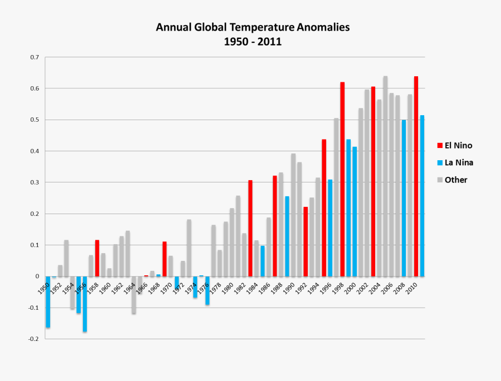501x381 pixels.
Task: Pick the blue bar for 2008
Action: pos(404,198)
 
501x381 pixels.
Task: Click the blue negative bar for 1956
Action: pos(85,304)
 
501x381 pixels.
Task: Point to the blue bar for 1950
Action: pos(48,301)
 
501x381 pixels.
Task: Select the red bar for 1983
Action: pos(250,228)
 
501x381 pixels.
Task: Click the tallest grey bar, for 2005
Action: pos(385,176)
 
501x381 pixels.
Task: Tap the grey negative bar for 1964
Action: pos(134,295)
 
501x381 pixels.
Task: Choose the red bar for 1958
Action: pos(97,258)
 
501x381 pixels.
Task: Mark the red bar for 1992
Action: pos(306,241)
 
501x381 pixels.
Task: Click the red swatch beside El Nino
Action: pos(440,146)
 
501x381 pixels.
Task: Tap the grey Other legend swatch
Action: pos(440,180)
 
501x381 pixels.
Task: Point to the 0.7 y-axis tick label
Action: pos(35,57)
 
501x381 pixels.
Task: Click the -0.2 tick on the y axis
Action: pos(34,339)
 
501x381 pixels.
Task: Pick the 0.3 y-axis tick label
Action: pos(35,182)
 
